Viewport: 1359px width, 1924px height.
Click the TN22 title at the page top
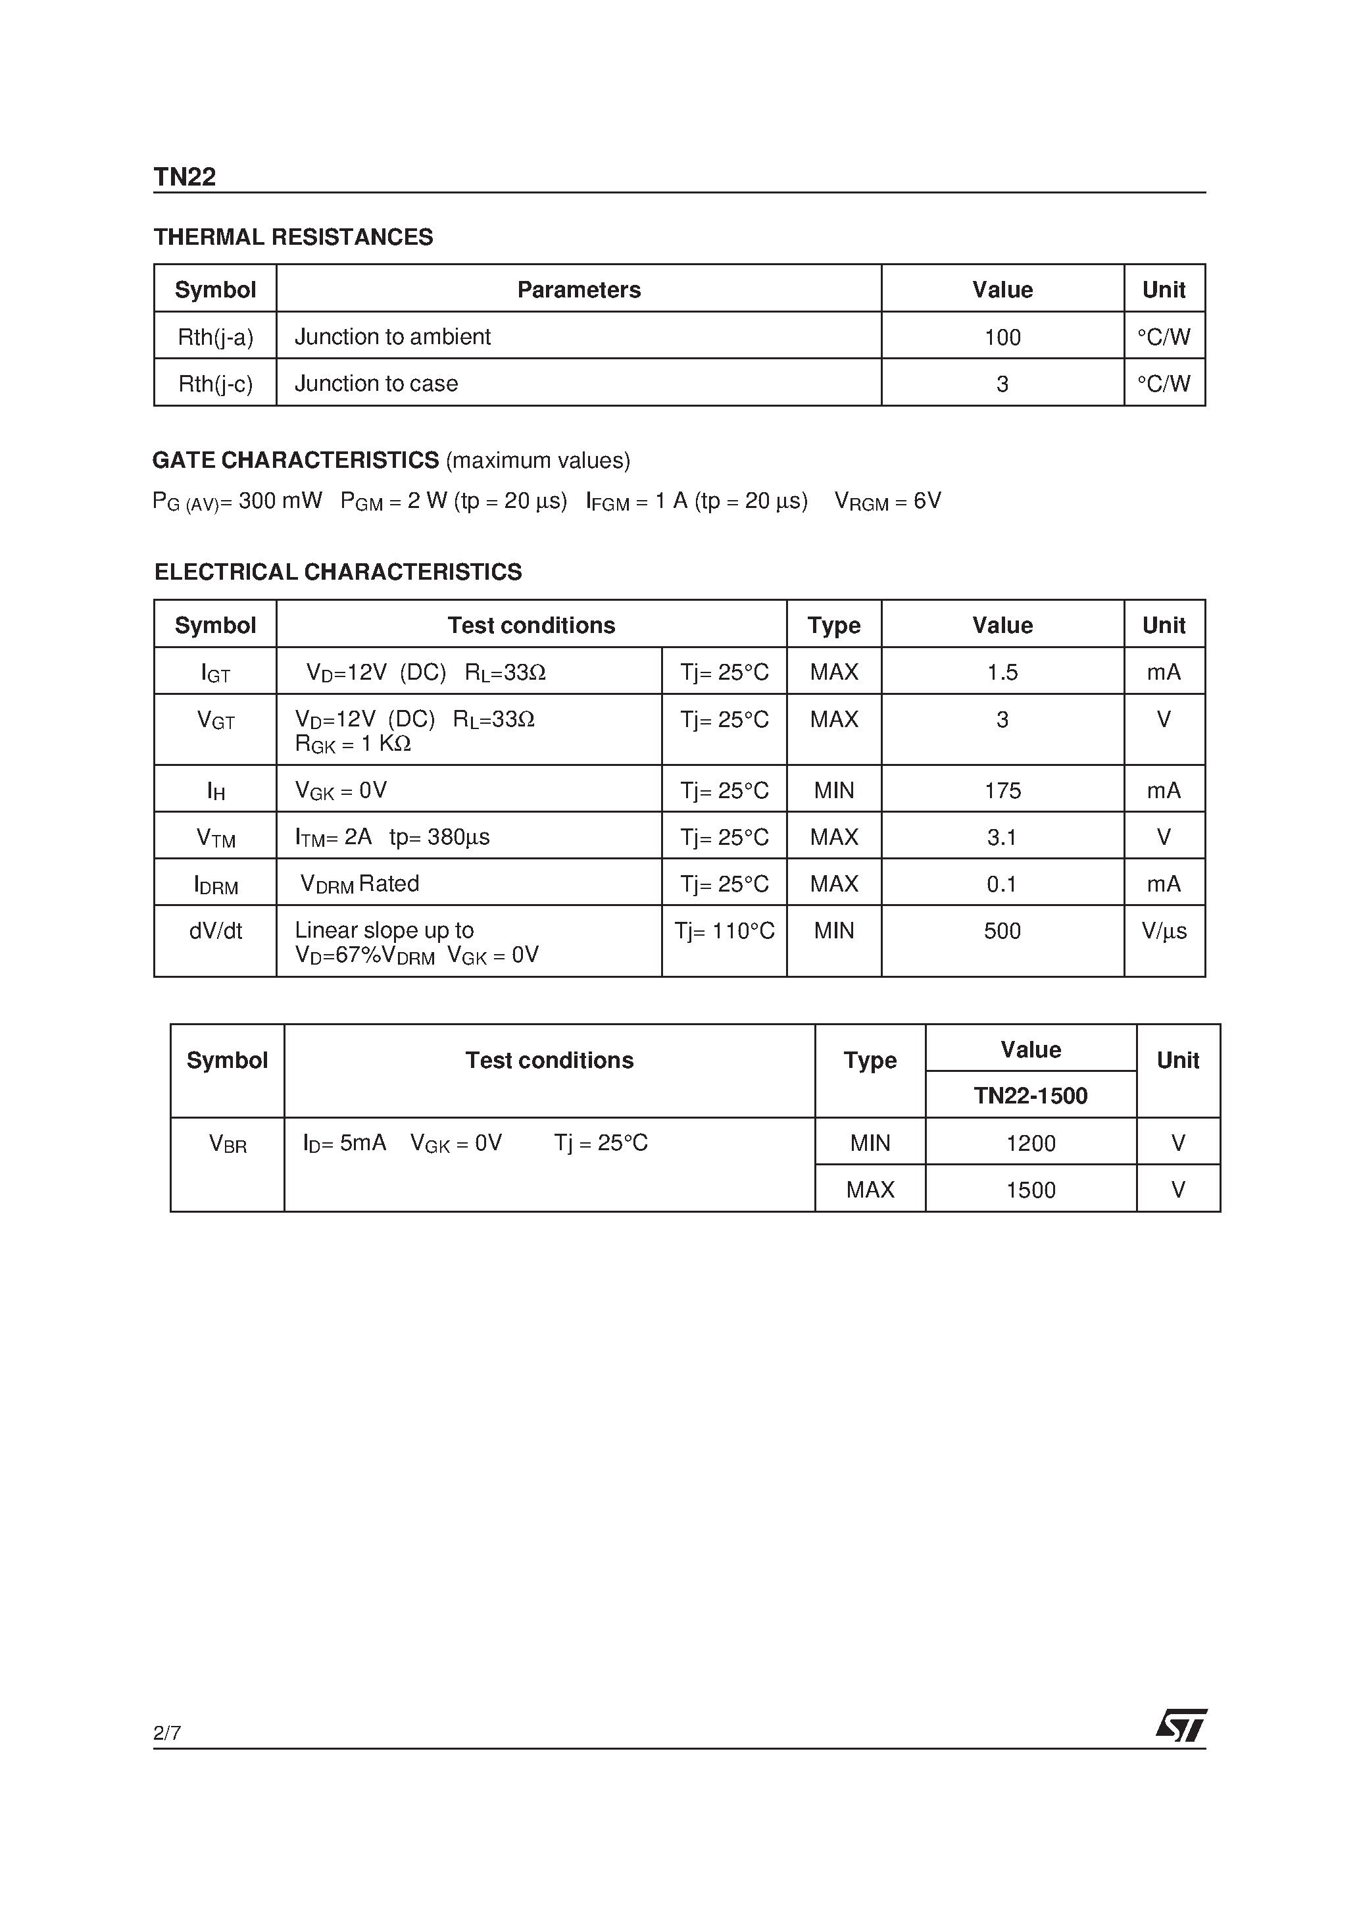[184, 177]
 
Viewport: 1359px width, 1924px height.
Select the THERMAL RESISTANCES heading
[293, 237]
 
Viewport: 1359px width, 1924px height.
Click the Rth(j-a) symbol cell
[215, 337]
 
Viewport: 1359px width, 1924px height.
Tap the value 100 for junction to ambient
[1001, 337]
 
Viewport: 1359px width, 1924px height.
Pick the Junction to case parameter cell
[376, 384]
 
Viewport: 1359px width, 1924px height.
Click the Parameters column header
[578, 290]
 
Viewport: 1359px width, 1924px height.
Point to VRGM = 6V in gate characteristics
[887, 501]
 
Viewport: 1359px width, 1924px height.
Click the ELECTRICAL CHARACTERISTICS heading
[337, 572]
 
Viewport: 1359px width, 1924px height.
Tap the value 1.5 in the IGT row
[1001, 672]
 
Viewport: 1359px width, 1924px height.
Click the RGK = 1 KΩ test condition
[353, 744]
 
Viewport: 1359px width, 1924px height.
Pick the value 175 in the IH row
[1001, 790]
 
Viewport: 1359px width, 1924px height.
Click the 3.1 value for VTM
[1001, 837]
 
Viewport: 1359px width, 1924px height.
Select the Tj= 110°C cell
[724, 931]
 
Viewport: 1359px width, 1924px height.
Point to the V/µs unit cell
[1163, 931]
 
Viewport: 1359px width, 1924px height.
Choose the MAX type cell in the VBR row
[870, 1190]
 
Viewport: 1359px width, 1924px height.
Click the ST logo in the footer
[1181, 1725]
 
